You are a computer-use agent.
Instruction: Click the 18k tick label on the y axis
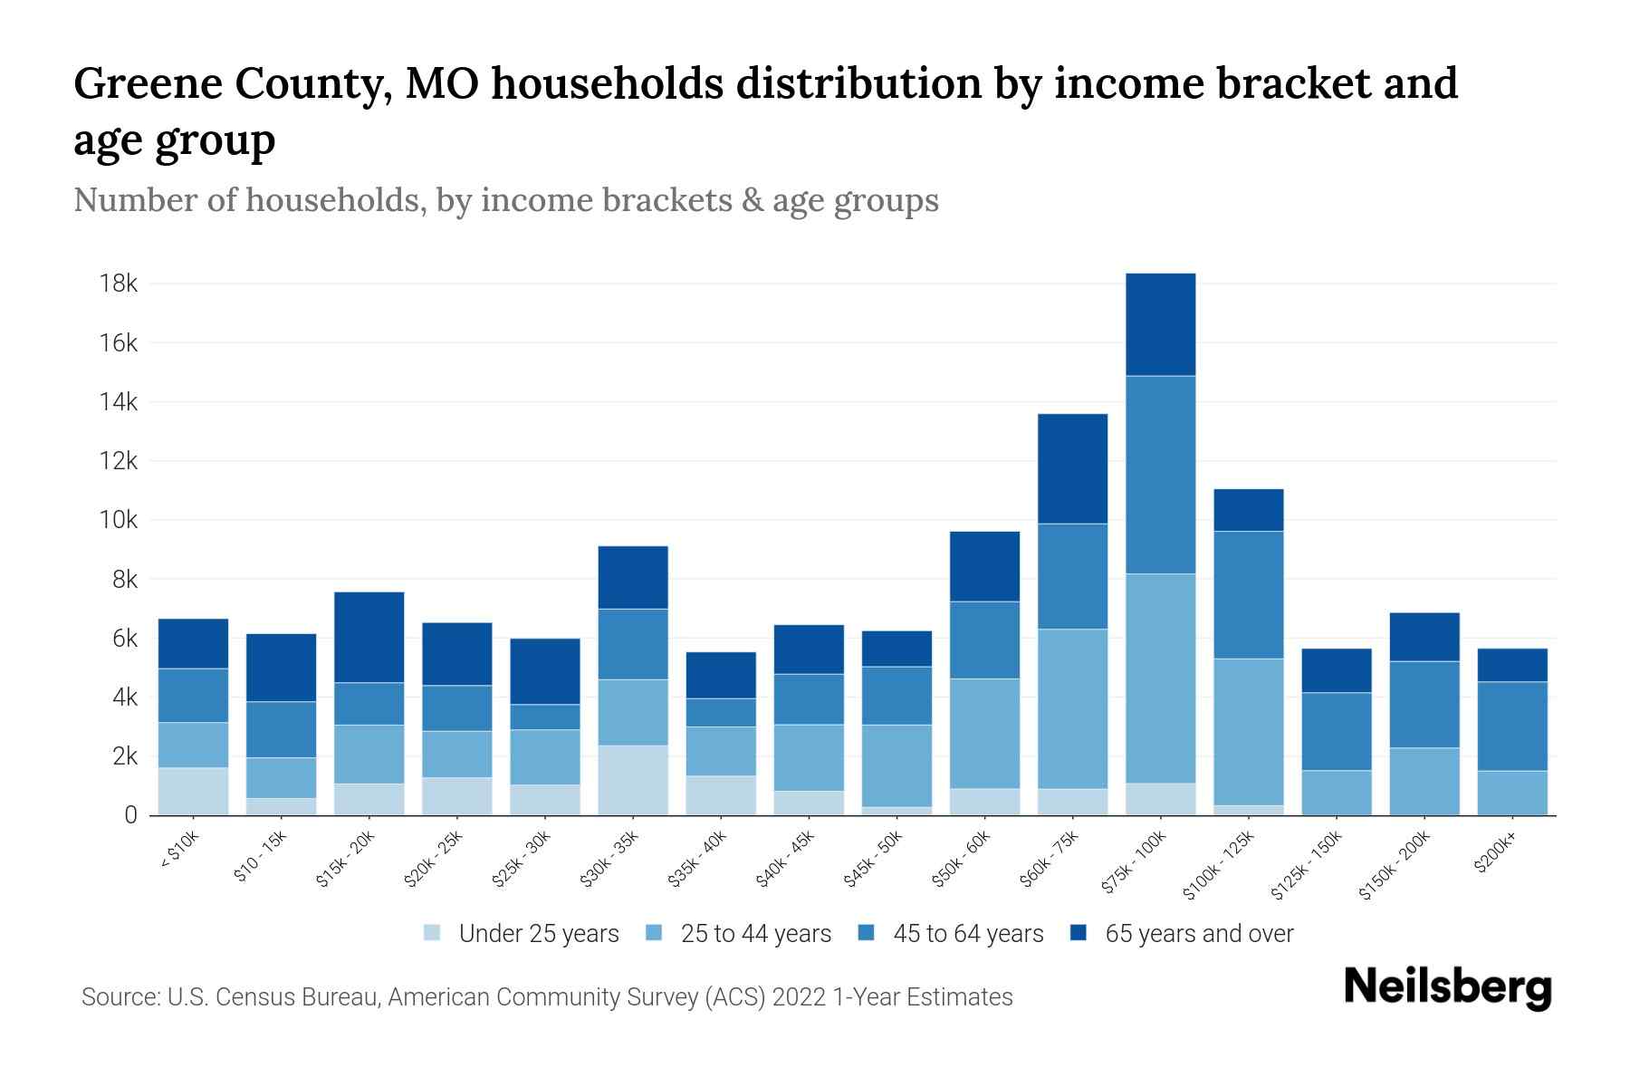(118, 284)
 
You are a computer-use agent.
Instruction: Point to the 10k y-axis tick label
(118, 521)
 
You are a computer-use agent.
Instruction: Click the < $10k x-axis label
(178, 851)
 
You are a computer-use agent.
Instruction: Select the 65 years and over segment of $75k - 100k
(1161, 324)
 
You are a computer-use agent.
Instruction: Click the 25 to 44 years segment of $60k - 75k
(1073, 708)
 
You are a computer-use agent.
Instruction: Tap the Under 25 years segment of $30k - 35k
(633, 780)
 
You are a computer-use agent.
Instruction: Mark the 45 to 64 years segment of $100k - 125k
(1249, 594)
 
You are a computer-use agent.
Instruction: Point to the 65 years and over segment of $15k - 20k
(369, 637)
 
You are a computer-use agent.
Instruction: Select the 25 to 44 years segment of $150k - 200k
(1424, 781)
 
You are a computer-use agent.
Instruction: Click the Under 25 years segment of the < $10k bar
(193, 792)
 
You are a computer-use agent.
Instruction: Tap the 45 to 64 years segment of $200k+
(1512, 726)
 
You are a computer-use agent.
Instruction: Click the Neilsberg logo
(1447, 987)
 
